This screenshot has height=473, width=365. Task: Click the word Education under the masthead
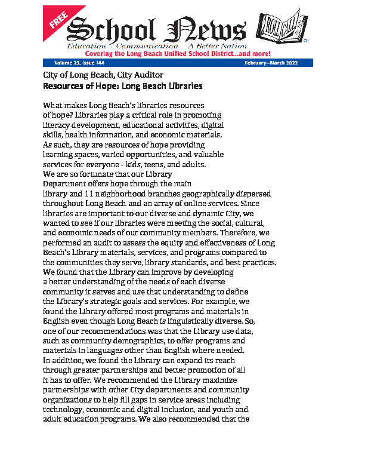(x=86, y=46)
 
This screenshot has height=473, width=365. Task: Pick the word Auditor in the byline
(x=148, y=75)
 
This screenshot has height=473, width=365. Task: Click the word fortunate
(x=98, y=174)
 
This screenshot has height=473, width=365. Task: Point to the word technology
(x=65, y=408)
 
